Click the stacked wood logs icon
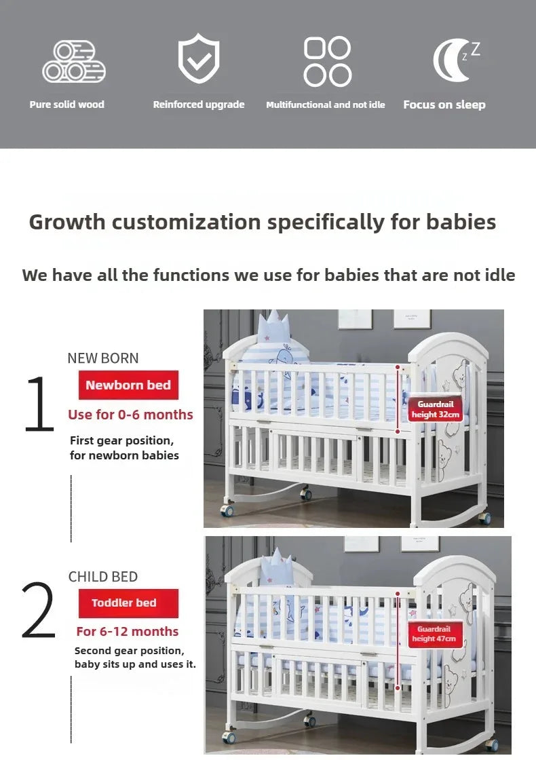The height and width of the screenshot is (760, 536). click(74, 62)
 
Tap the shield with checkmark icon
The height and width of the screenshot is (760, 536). click(199, 60)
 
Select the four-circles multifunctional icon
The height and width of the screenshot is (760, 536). click(327, 62)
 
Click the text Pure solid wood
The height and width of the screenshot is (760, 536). click(67, 104)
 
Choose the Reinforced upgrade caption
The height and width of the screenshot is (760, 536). click(199, 104)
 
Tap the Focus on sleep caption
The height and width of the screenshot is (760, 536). click(444, 104)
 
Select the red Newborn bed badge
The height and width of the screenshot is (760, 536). click(128, 385)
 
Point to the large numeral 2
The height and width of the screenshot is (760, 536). click(38, 610)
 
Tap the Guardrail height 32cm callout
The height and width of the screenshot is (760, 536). click(435, 409)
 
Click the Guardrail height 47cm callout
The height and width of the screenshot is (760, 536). click(434, 634)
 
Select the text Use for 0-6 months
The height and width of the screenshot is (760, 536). click(130, 415)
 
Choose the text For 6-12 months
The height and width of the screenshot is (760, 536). click(128, 631)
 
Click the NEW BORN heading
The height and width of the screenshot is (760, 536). click(103, 358)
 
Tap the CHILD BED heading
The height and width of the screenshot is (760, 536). click(103, 577)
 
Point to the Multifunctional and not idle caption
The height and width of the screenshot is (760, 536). click(326, 104)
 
